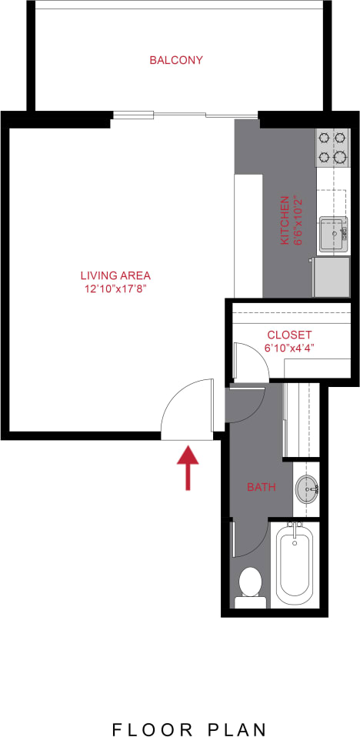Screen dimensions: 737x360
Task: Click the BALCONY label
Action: (176, 60)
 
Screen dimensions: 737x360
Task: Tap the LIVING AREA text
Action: (115, 275)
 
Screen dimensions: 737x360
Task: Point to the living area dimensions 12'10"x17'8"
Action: (115, 289)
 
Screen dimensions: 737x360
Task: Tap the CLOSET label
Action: (289, 335)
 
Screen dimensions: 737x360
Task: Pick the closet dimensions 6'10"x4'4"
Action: (289, 348)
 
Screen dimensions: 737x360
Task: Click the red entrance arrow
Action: (188, 468)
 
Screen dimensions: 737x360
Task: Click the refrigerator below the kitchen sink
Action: (331, 277)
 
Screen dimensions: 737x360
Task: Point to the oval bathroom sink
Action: (308, 489)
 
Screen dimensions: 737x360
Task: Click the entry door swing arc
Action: (185, 409)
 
